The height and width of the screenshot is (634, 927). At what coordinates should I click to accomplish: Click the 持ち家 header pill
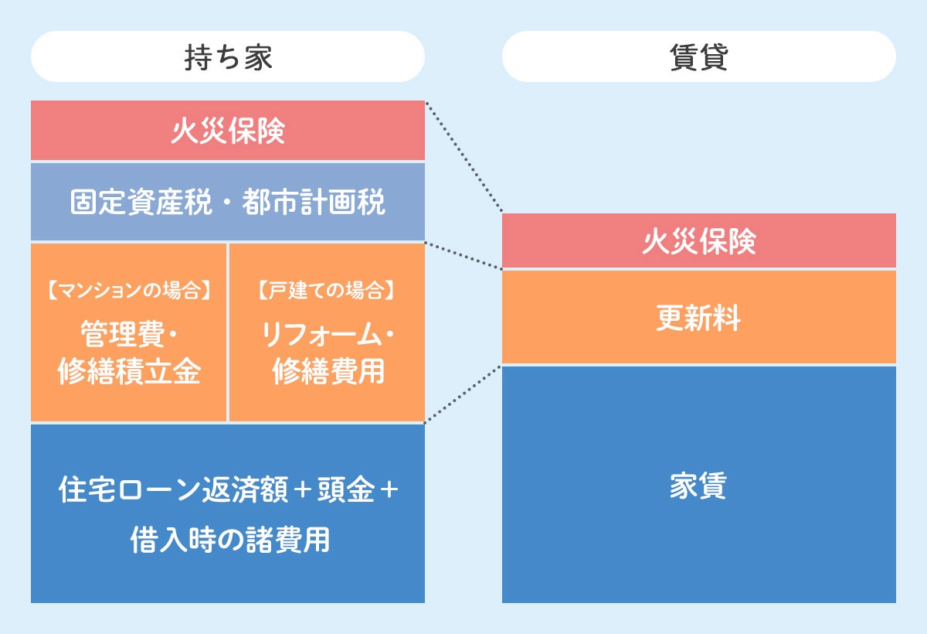click(228, 56)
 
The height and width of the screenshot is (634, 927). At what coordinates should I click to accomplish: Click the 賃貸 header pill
click(699, 56)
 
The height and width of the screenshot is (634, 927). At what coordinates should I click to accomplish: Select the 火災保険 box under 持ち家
click(228, 130)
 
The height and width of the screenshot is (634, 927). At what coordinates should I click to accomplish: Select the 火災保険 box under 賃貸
click(699, 240)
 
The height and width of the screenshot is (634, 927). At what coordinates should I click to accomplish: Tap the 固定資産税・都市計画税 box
click(228, 202)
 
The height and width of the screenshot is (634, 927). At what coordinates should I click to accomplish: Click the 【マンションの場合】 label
click(129, 290)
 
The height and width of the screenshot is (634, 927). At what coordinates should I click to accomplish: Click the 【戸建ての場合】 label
click(327, 290)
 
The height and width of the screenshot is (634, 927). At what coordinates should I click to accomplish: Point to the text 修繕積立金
click(129, 371)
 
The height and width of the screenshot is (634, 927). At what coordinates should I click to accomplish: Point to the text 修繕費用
click(328, 371)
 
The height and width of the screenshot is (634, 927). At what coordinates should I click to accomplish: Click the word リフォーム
click(321, 334)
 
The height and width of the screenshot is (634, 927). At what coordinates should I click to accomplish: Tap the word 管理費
click(123, 333)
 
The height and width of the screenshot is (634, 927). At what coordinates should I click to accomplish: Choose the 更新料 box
click(699, 317)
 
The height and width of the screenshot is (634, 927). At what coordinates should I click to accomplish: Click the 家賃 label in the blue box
click(698, 486)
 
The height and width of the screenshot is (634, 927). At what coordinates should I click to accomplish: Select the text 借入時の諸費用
click(230, 540)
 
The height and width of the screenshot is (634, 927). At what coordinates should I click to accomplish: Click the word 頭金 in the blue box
click(346, 489)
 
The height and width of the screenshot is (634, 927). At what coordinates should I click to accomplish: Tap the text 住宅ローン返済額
click(173, 489)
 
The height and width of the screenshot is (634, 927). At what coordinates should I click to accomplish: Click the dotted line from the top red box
click(464, 157)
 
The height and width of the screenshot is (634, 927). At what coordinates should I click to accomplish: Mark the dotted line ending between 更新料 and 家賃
click(463, 394)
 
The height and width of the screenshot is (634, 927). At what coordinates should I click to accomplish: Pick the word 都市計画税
click(314, 202)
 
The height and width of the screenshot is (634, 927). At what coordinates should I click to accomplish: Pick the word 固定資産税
click(141, 202)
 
